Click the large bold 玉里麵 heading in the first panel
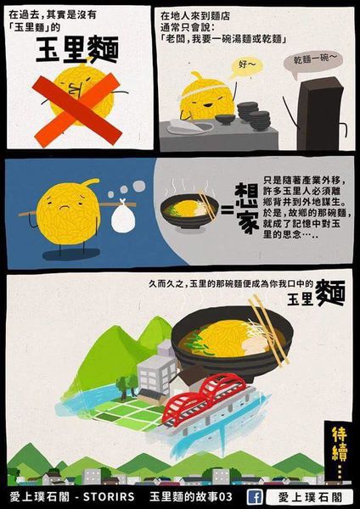[x=72, y=52]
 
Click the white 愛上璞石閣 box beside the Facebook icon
[x=307, y=496]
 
